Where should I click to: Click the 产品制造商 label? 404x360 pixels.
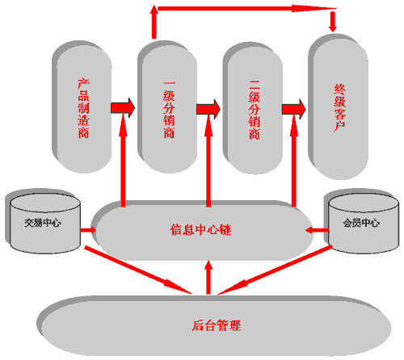pyautogui.click(x=83, y=108)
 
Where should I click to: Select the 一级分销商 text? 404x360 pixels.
pyautogui.click(x=169, y=110)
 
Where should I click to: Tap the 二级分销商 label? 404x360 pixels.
pyautogui.click(x=255, y=110)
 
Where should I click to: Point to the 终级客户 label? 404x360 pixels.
pyautogui.click(x=340, y=107)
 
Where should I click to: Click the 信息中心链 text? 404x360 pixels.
pyautogui.click(x=201, y=230)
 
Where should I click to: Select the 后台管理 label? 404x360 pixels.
pyautogui.click(x=217, y=325)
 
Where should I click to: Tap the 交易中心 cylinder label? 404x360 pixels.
pyautogui.click(x=43, y=223)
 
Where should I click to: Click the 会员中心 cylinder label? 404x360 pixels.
pyautogui.click(x=361, y=223)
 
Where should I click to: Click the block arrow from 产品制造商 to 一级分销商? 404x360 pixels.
pyautogui.click(x=123, y=107)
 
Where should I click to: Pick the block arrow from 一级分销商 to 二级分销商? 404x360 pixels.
pyautogui.click(x=208, y=109)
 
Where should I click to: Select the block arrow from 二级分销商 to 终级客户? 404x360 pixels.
pyautogui.click(x=294, y=109)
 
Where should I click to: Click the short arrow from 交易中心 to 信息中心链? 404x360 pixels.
pyautogui.click(x=88, y=230)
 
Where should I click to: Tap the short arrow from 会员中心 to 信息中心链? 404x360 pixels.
pyautogui.click(x=318, y=230)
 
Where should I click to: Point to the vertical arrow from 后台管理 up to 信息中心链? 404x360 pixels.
pyautogui.click(x=208, y=277)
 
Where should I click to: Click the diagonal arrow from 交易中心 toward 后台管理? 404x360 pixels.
pyautogui.click(x=138, y=270)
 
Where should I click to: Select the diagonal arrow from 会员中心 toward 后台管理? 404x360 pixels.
pyautogui.click(x=275, y=270)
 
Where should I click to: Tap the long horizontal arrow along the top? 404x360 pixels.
pyautogui.click(x=247, y=9)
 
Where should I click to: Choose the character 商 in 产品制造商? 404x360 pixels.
pyautogui.click(x=83, y=133)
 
